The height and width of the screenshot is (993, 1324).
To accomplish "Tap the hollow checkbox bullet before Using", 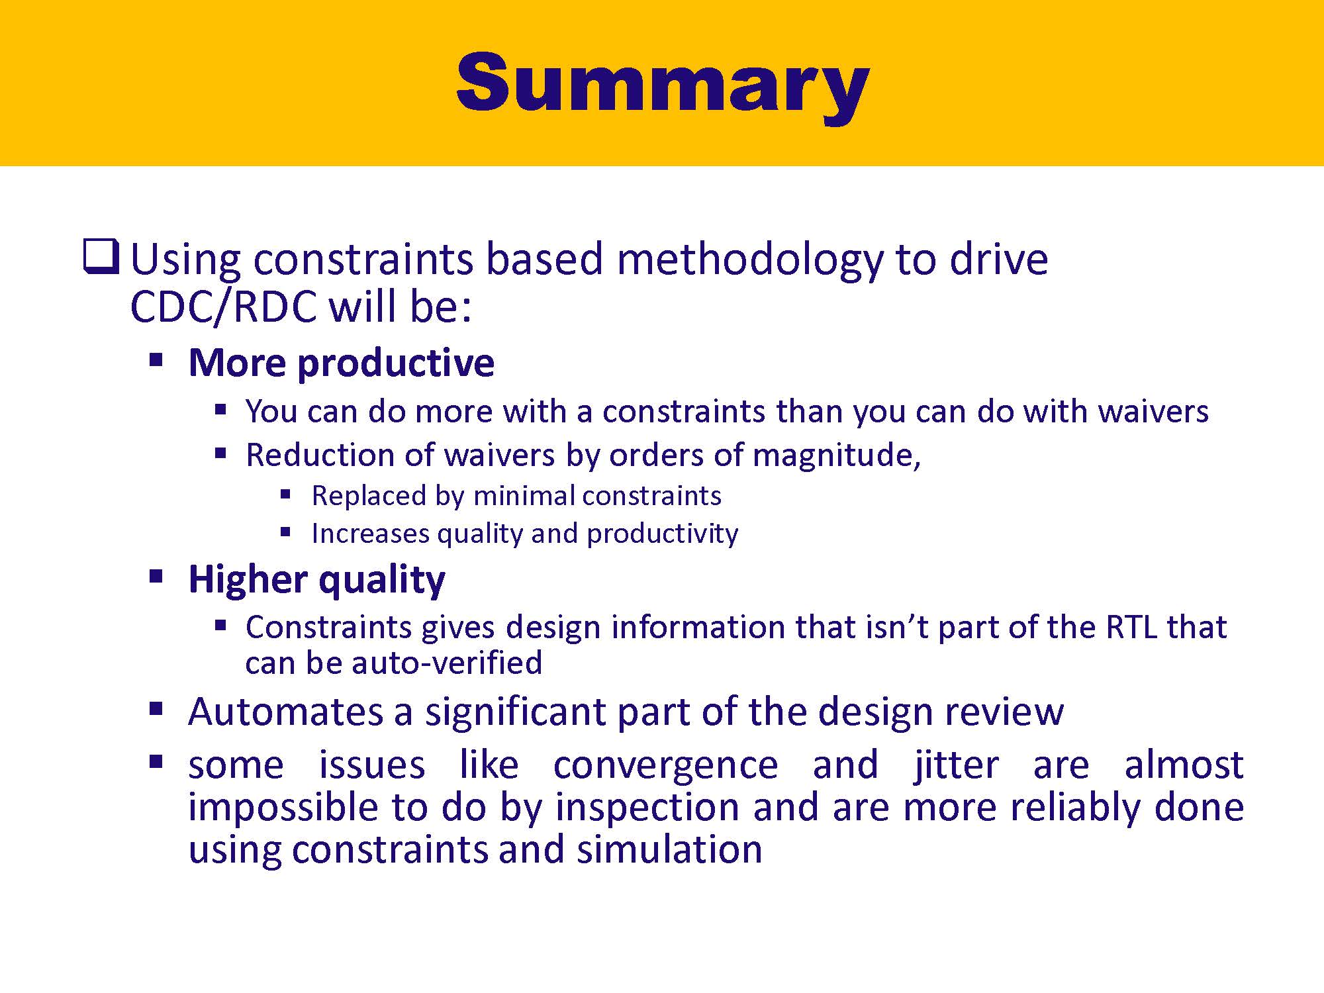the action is point(101,257).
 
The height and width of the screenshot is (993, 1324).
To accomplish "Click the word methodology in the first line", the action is point(749,260).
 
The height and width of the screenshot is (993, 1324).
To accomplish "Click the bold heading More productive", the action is point(342,363).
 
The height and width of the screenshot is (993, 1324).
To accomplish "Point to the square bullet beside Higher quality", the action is point(156,576).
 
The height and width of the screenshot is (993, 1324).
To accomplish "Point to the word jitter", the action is point(956,766).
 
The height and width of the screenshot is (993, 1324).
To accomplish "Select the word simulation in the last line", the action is point(669,849).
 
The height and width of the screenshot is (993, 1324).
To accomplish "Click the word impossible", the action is point(283,808).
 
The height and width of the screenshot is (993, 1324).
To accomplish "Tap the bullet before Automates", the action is point(156,709).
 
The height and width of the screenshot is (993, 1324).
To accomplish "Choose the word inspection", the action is point(647,808).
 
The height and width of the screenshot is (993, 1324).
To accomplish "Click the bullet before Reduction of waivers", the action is point(221,453).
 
